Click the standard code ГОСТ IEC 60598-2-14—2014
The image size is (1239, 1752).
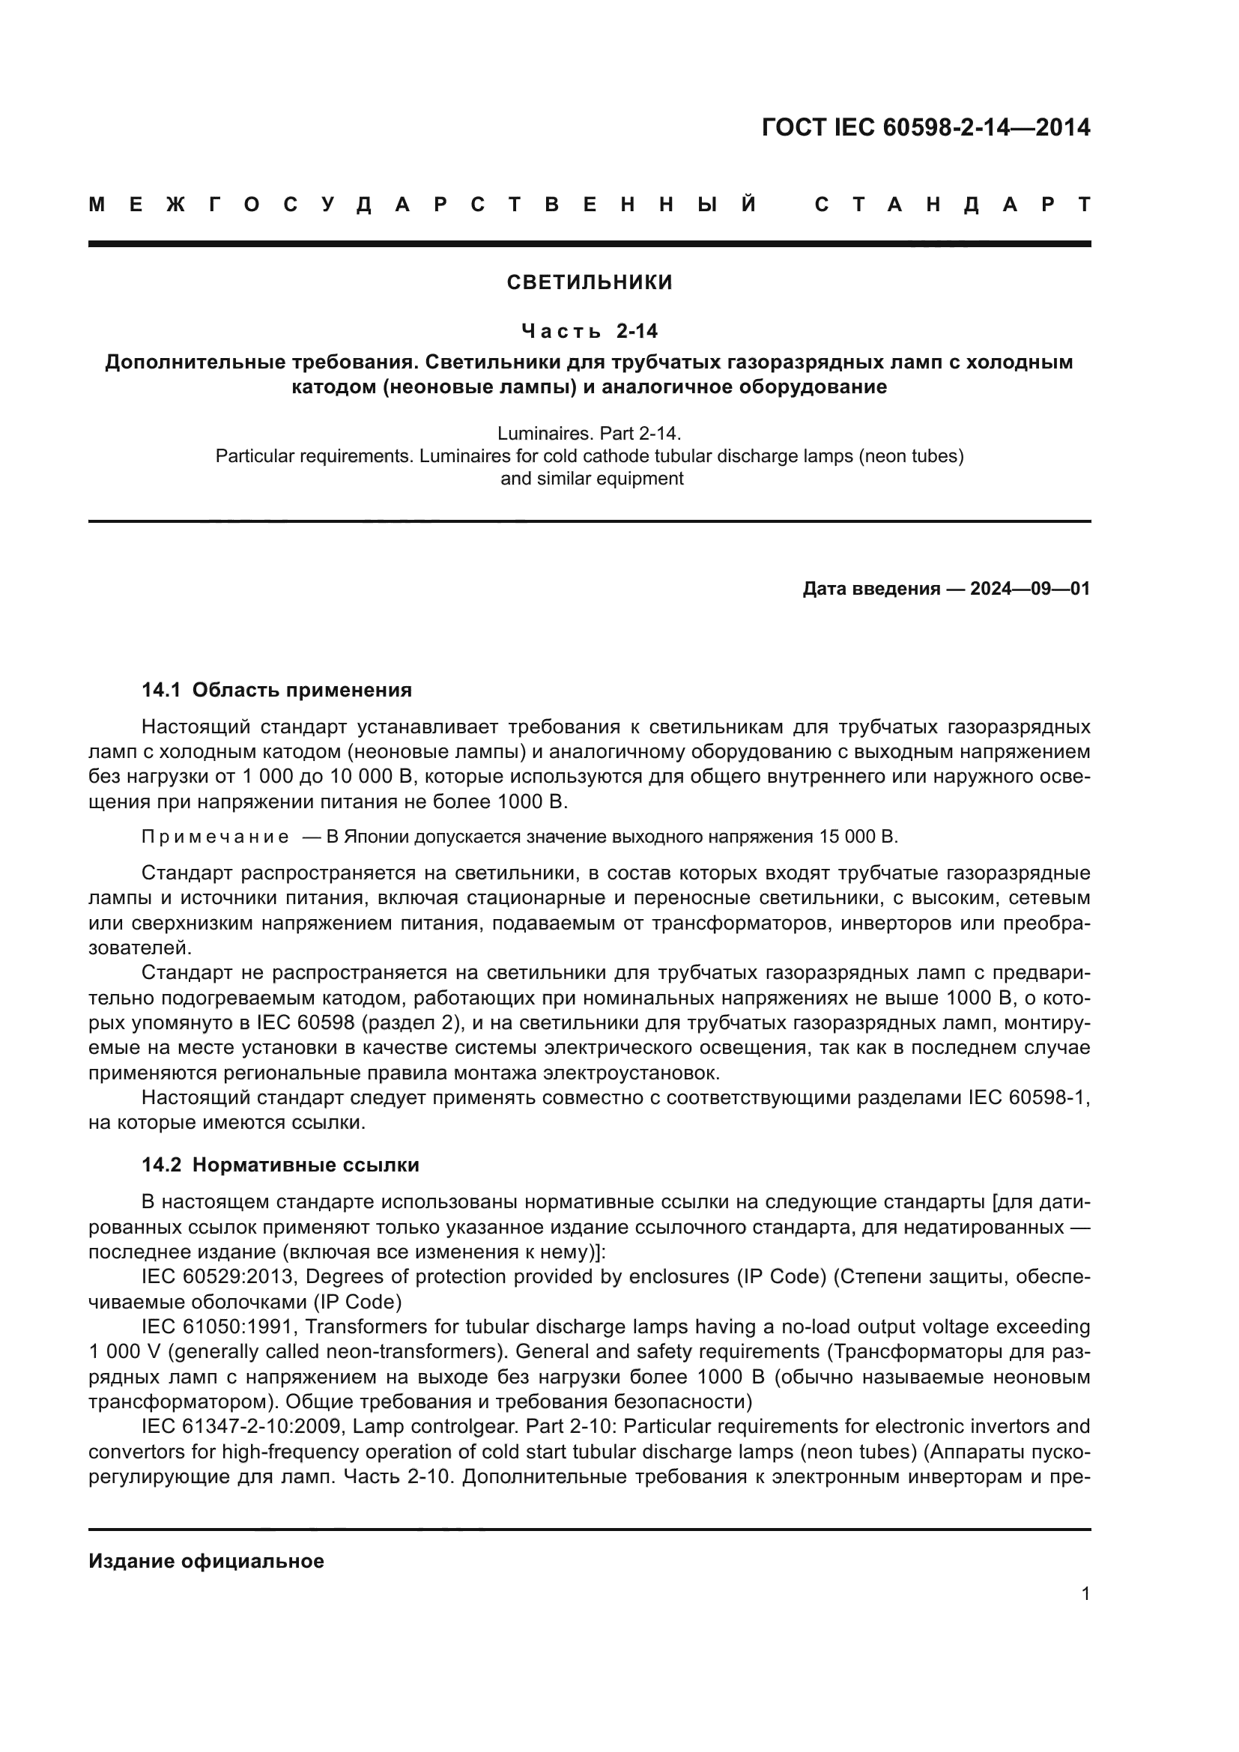click(925, 127)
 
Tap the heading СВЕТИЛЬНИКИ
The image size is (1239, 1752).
click(590, 282)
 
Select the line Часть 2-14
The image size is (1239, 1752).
click(590, 331)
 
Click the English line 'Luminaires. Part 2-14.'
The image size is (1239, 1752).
click(589, 434)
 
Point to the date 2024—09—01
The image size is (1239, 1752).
click(1030, 589)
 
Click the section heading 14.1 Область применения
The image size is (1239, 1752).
click(276, 691)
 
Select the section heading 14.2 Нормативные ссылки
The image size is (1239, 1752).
click(280, 1166)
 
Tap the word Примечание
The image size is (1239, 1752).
click(215, 837)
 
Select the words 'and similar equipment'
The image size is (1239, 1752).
click(591, 479)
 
